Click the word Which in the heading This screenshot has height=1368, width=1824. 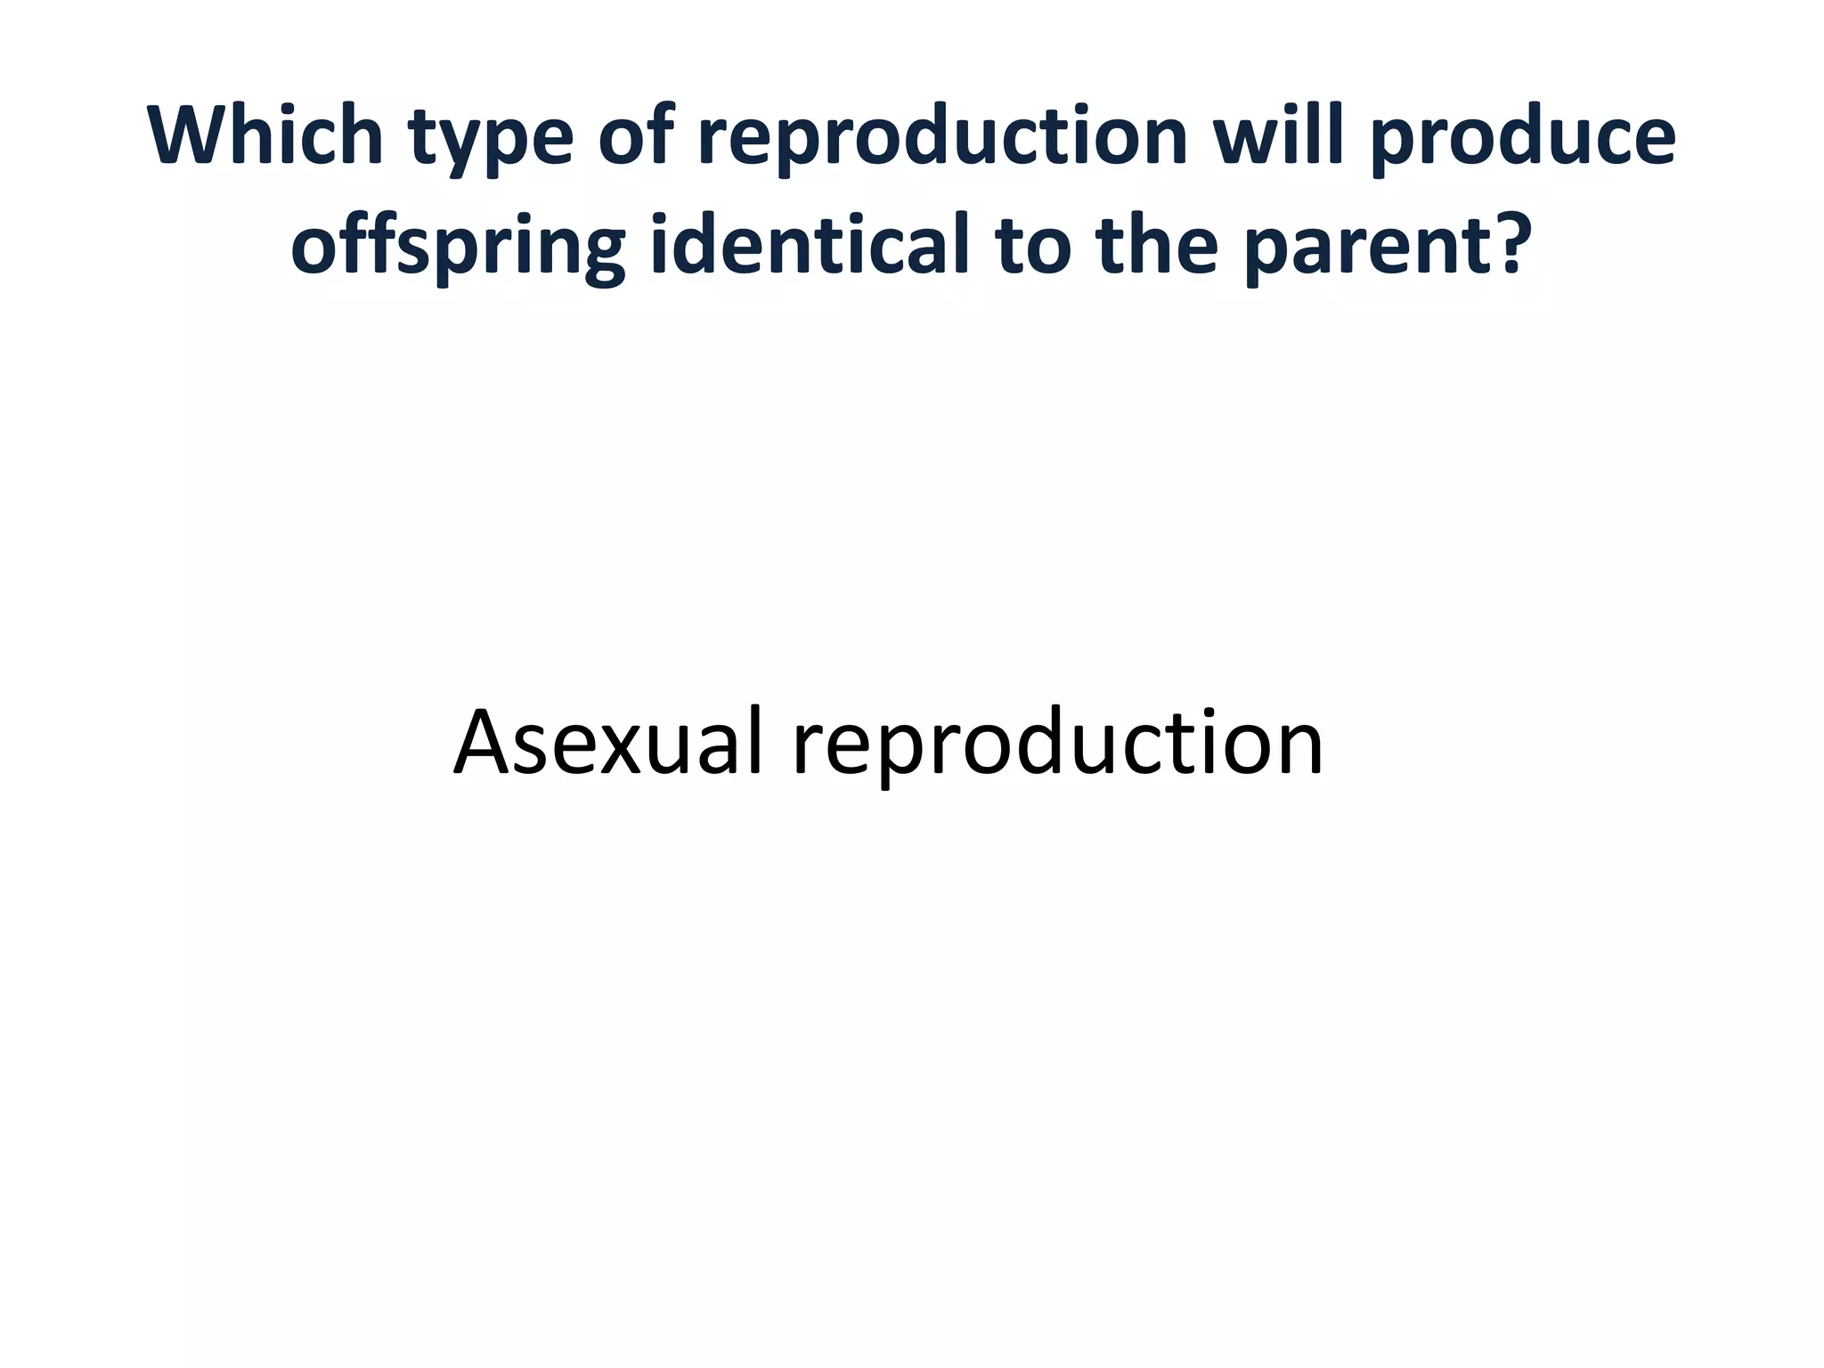[x=265, y=135]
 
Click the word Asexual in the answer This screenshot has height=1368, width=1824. [x=608, y=743]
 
